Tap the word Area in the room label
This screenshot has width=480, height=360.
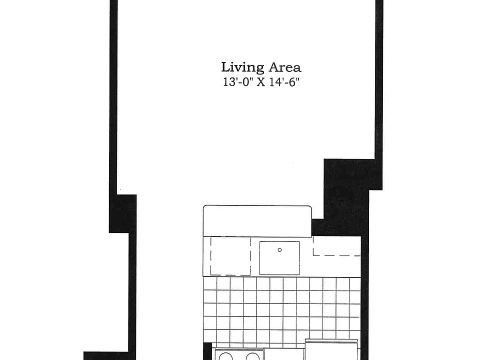tap(284, 67)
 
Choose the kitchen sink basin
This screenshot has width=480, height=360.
tap(279, 257)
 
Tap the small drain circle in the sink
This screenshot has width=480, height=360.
tap(279, 249)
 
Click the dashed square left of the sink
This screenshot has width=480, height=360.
tap(230, 256)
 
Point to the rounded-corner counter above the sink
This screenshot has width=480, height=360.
tap(257, 220)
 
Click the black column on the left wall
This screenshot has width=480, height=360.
tap(122, 213)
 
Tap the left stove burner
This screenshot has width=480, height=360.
tap(226, 356)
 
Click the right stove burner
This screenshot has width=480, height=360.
tap(253, 356)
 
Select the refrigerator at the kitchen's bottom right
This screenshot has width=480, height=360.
tap(331, 350)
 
